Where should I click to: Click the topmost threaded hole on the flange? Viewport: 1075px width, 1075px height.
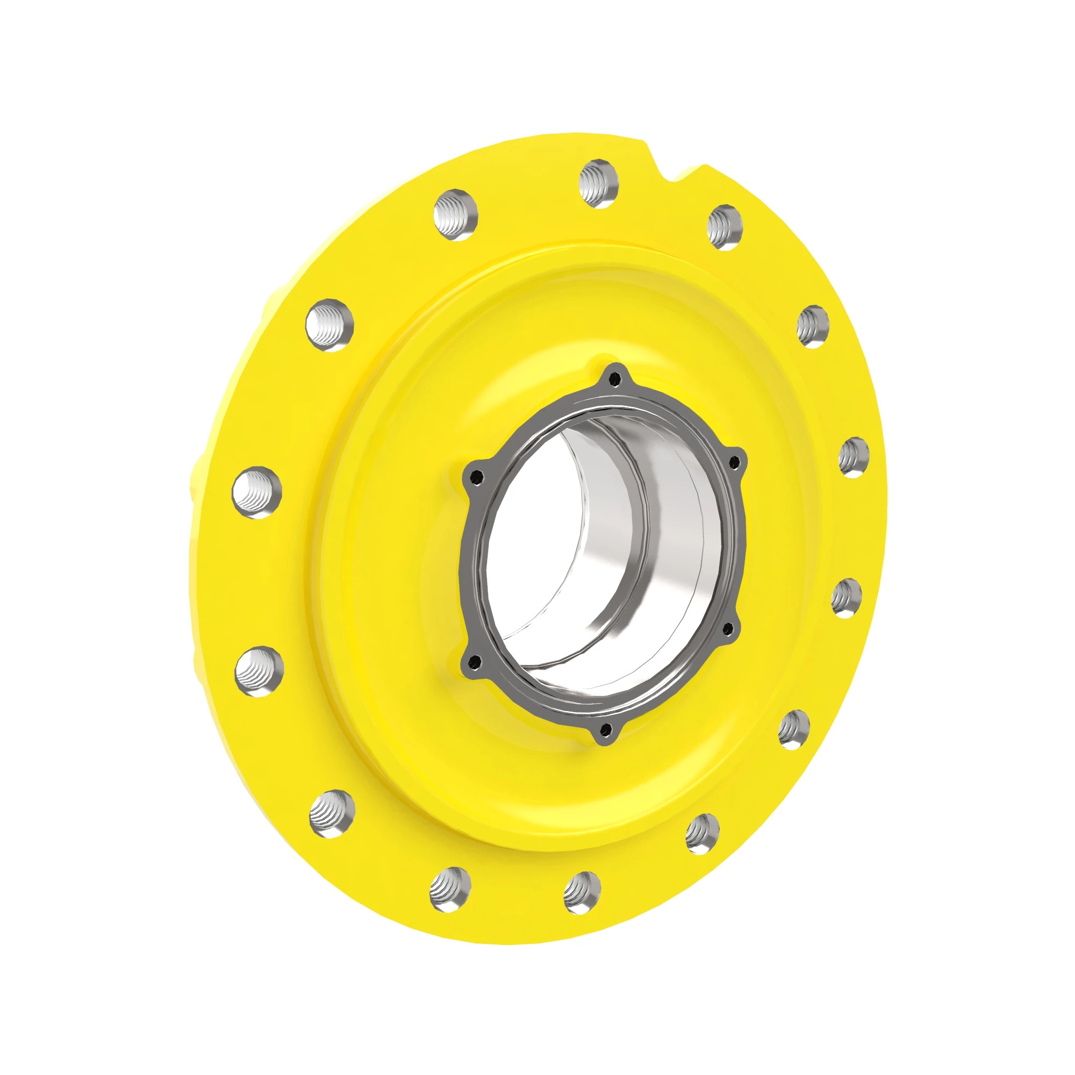click(599, 184)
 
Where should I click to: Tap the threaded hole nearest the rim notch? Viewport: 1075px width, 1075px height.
click(725, 227)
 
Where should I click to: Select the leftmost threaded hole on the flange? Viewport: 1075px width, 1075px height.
click(257, 493)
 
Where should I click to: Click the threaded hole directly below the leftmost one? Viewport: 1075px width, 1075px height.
click(259, 671)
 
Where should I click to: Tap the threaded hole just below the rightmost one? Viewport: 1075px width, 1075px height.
click(847, 598)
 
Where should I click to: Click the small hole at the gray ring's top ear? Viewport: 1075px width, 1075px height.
click(614, 380)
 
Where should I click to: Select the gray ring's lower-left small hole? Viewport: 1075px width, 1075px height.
click(475, 661)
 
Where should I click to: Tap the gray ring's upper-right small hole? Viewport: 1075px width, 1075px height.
click(734, 461)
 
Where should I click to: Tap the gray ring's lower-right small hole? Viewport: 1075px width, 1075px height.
click(728, 629)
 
